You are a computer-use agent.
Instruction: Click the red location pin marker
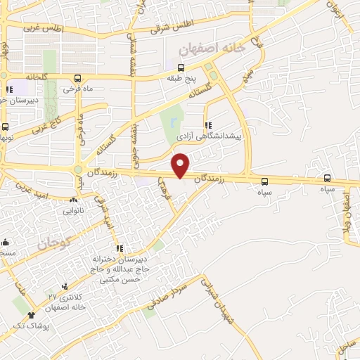click(181, 165)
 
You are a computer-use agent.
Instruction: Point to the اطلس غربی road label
click(43, 29)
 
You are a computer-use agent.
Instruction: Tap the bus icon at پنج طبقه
click(181, 68)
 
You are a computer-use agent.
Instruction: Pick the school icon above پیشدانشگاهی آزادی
click(207, 124)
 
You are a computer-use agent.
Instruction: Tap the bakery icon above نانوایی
click(74, 200)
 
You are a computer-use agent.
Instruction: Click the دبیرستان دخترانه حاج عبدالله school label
click(120, 269)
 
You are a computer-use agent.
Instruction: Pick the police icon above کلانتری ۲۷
click(65, 286)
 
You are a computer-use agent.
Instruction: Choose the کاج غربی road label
click(46, 124)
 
